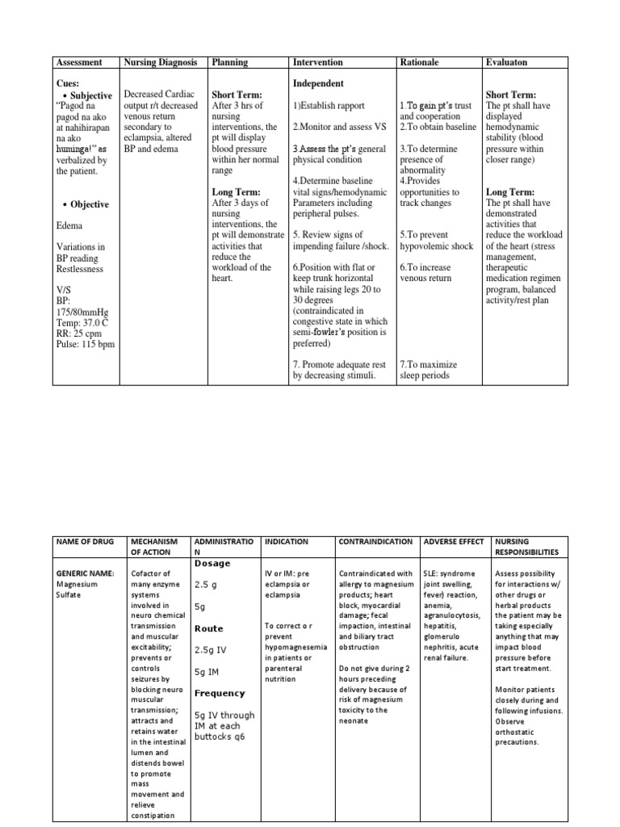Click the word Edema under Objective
(x=69, y=225)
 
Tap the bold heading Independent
(x=318, y=83)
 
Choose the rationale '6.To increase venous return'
(x=425, y=272)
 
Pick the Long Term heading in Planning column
(x=236, y=192)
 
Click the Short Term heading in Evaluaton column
(x=511, y=94)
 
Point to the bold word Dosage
(x=212, y=563)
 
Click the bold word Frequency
(x=219, y=693)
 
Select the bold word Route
(x=209, y=628)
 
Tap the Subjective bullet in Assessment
(x=90, y=95)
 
